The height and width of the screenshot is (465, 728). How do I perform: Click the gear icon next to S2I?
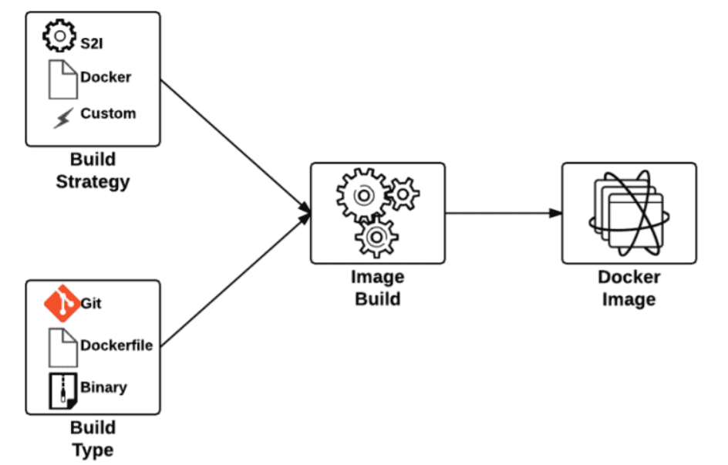tap(59, 35)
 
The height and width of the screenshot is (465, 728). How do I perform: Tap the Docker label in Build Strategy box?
tap(106, 77)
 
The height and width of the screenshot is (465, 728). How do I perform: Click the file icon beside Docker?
tap(62, 79)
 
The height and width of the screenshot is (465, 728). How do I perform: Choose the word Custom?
tap(108, 113)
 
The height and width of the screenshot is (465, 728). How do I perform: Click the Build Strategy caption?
tap(93, 171)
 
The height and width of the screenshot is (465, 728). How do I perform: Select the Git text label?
tap(91, 304)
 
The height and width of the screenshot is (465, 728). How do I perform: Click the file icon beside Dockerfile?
tap(62, 346)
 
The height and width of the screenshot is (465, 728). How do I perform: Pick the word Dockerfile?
tap(116, 345)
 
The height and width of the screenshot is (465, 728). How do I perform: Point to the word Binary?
tap(103, 387)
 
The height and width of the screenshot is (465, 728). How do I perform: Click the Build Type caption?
tap(93, 439)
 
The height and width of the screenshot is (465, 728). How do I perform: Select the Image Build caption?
tap(377, 288)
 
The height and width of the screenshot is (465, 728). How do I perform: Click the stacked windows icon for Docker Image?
tap(629, 213)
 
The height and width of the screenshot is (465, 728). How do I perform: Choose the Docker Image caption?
tap(629, 288)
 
